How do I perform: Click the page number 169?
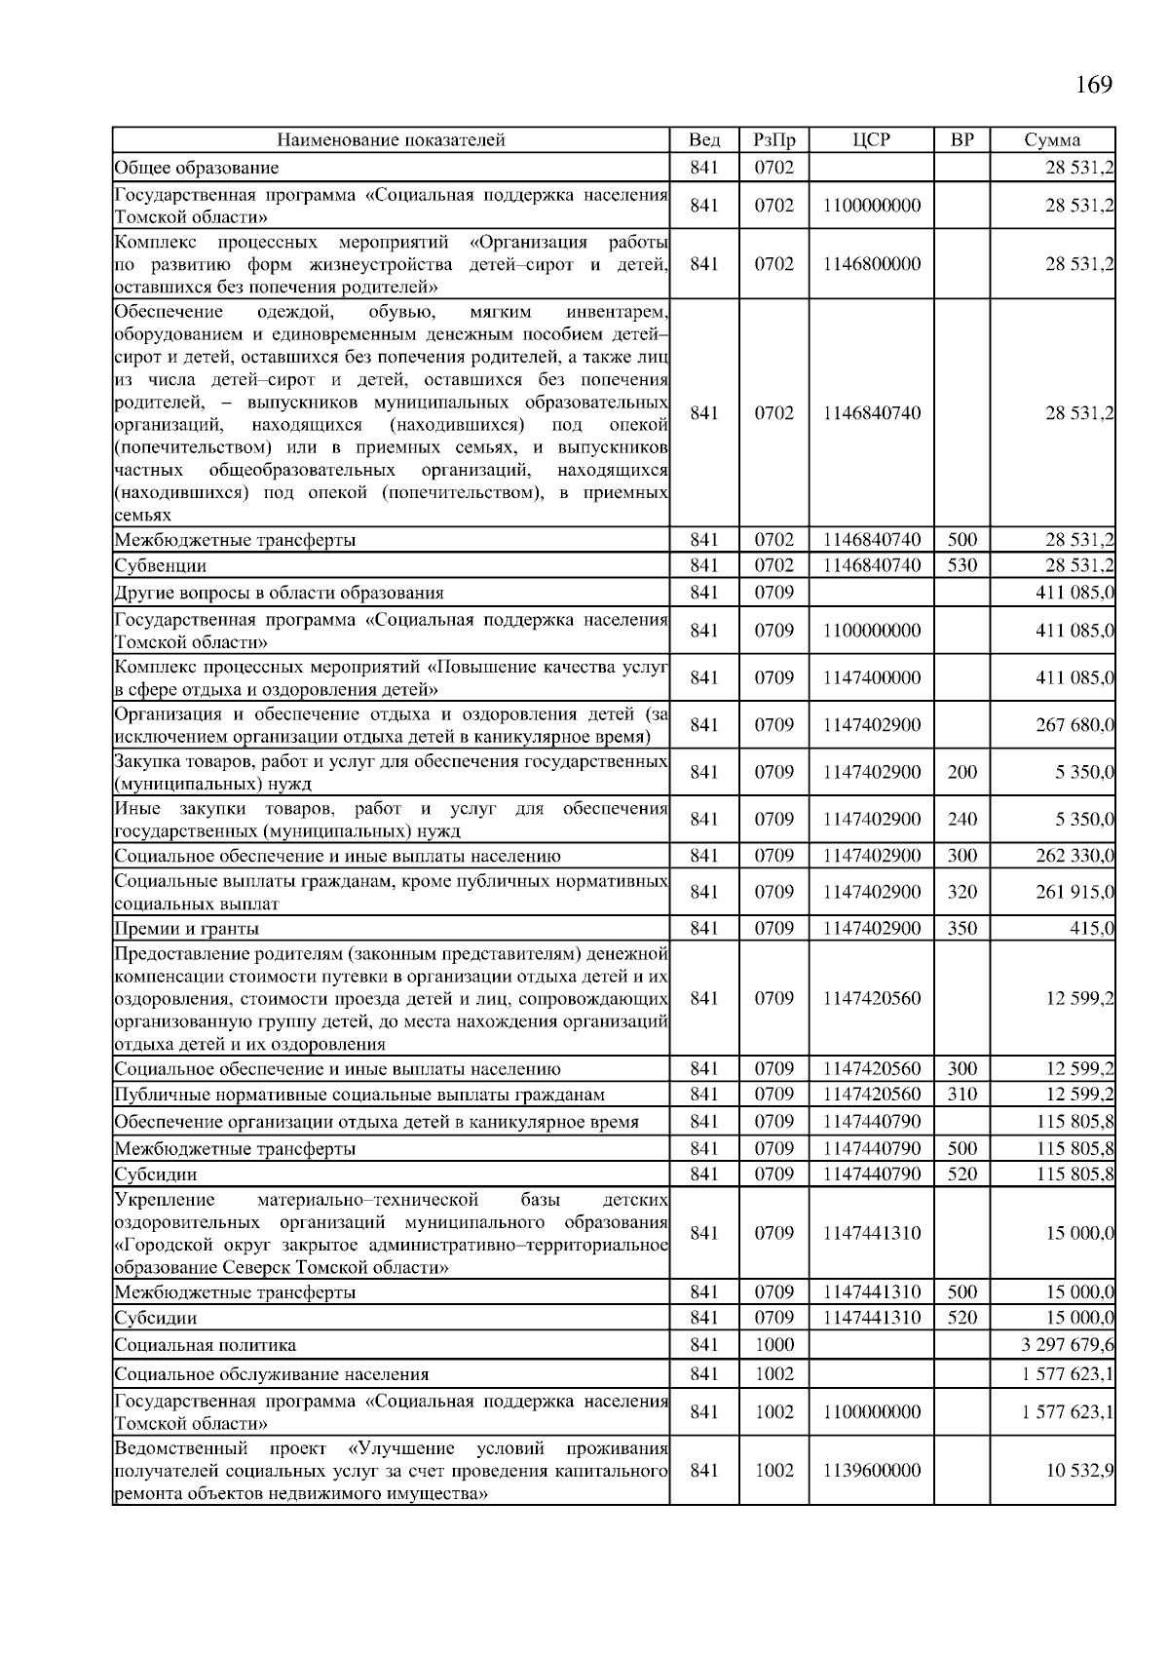(x=1093, y=85)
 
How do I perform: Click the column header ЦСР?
(x=871, y=139)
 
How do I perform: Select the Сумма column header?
(x=1052, y=139)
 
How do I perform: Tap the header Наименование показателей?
(x=391, y=139)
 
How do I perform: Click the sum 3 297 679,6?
(x=1068, y=1345)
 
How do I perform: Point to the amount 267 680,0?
(x=1075, y=725)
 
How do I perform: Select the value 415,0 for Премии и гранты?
(x=1092, y=929)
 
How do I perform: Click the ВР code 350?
(x=962, y=929)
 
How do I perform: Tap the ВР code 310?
(x=962, y=1095)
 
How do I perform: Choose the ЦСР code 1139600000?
(x=871, y=1471)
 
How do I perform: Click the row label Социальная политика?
(x=206, y=1346)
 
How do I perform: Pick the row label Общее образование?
(x=197, y=169)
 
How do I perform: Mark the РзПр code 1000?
(x=774, y=1345)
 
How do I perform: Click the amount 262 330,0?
(x=1075, y=857)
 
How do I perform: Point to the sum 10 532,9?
(x=1080, y=1471)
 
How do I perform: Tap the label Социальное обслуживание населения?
(x=272, y=1375)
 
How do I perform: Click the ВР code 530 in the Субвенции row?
(x=962, y=565)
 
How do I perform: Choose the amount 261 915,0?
(x=1075, y=892)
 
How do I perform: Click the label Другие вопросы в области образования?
(x=280, y=594)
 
